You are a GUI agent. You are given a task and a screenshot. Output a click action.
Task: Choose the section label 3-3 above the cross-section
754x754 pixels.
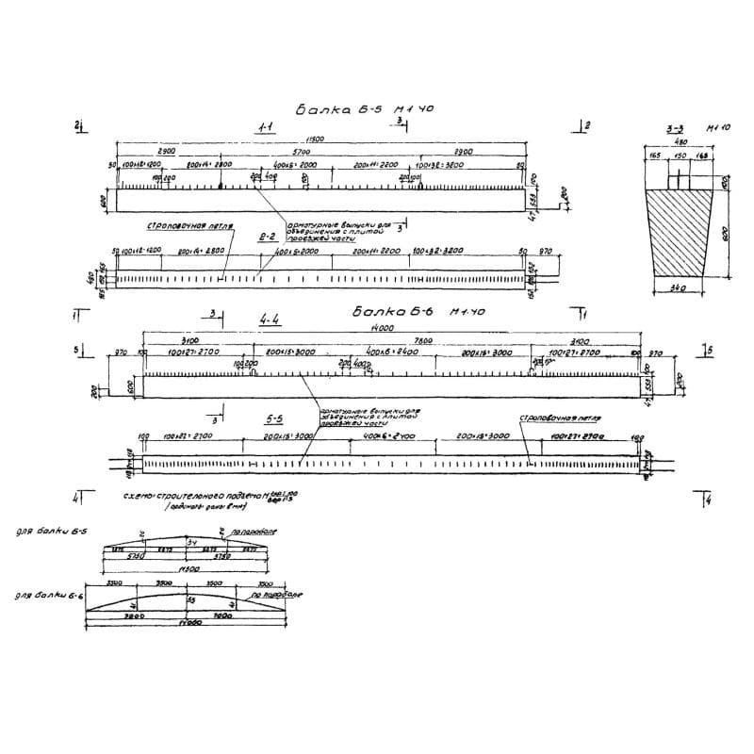coord(675,126)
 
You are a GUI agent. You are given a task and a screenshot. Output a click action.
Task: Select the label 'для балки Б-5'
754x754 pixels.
coord(52,533)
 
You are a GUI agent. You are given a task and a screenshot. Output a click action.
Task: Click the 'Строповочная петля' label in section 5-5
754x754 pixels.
coord(561,417)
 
